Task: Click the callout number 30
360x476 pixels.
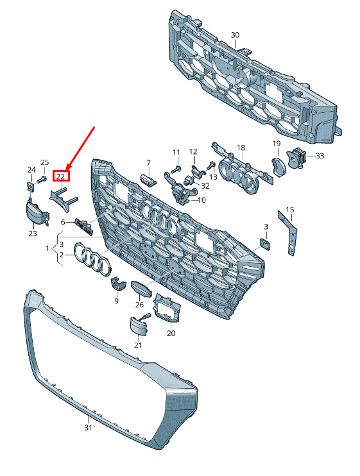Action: [x=235, y=35]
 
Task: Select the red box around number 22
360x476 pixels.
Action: [x=62, y=176]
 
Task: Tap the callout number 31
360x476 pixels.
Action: [x=88, y=427]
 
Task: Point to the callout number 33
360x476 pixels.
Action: [x=320, y=156]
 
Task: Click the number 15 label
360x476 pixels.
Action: [x=290, y=210]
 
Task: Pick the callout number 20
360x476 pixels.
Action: [x=171, y=334]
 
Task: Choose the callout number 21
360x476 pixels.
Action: [x=138, y=345]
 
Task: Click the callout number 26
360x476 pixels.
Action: [x=139, y=305]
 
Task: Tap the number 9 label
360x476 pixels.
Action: [x=116, y=301]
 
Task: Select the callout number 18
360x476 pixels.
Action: [x=241, y=148]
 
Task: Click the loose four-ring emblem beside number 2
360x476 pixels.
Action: [x=92, y=259]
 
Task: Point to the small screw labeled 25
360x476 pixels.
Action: [x=42, y=180]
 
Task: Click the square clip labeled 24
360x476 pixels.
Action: [x=30, y=186]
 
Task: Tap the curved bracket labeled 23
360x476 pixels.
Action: [x=37, y=212]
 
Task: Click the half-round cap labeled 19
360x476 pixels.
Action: [x=279, y=166]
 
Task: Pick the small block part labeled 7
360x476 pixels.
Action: [x=148, y=179]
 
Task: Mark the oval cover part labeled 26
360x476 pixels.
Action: [x=141, y=289]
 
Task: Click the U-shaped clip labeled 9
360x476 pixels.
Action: [x=118, y=284]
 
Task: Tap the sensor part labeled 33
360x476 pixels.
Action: [x=296, y=157]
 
